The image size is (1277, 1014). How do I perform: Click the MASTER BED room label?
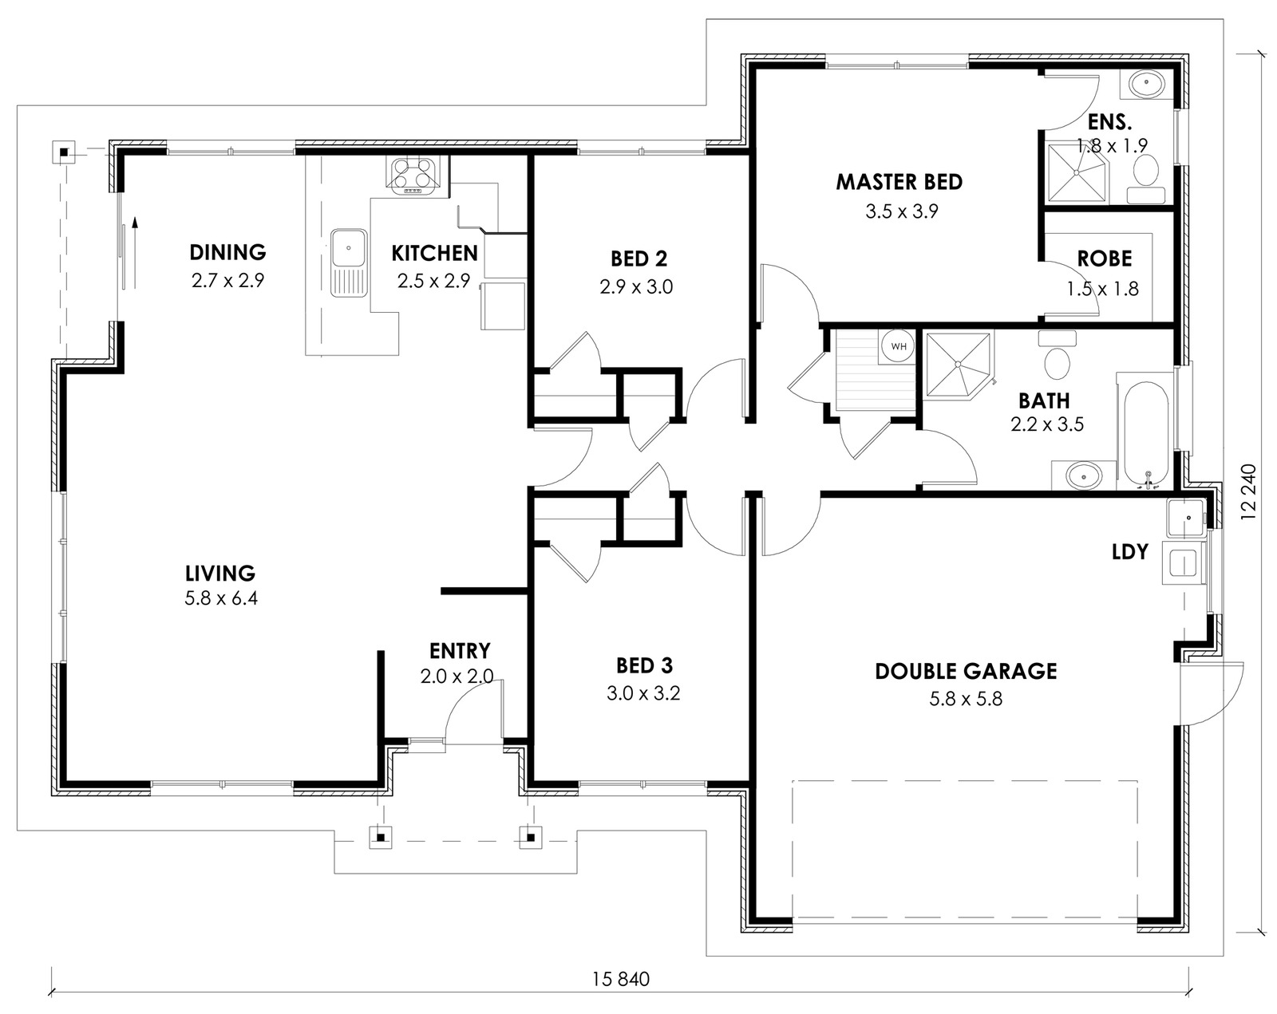click(899, 182)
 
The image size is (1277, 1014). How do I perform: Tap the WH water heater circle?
click(899, 346)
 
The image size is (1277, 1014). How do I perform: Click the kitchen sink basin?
click(349, 247)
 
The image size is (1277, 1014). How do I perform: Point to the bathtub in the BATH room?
click(1146, 434)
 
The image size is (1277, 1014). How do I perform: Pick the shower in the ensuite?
click(1077, 172)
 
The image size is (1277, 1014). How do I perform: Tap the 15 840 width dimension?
click(621, 979)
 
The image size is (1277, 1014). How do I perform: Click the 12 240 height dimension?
click(1248, 492)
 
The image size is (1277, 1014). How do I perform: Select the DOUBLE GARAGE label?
click(966, 671)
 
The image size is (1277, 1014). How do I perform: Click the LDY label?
click(1130, 552)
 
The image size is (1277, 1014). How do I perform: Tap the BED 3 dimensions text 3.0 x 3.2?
click(643, 693)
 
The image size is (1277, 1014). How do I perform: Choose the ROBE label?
click(1105, 258)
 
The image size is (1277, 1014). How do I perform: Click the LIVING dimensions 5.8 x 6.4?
click(221, 598)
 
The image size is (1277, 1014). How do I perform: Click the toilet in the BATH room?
click(1057, 356)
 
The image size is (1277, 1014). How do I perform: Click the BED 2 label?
click(639, 259)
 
